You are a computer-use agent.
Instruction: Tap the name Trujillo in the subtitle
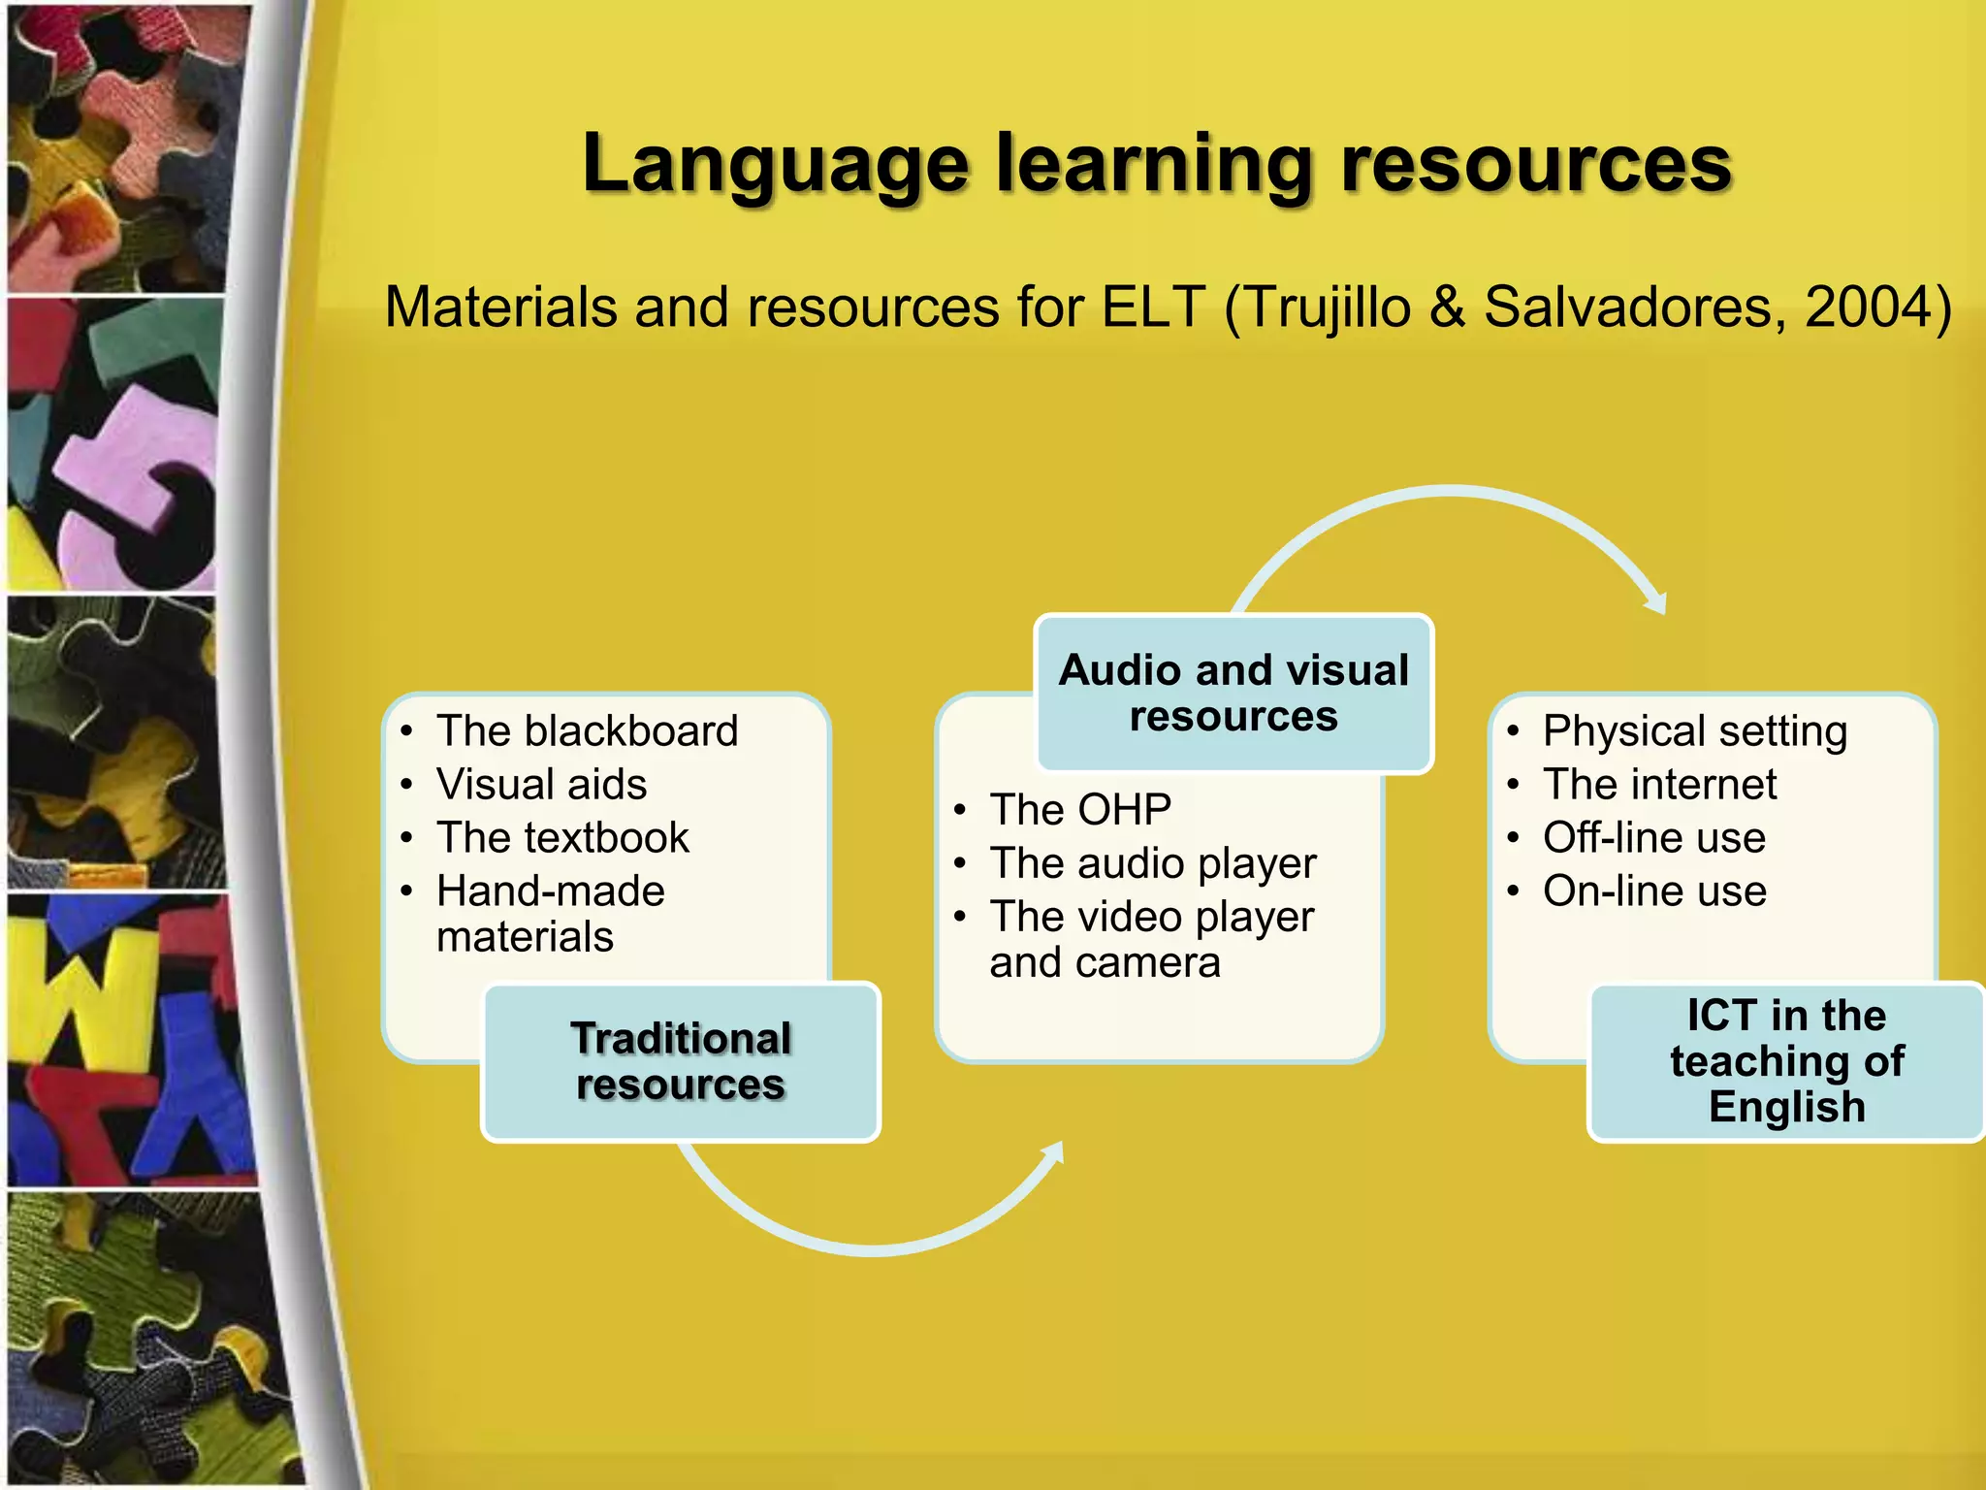pyautogui.click(x=1328, y=308)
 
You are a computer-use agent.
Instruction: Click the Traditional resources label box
pyautogui.click(x=681, y=1061)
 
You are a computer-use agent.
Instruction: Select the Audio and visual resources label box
pyautogui.click(x=1233, y=693)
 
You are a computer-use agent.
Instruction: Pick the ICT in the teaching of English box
pyautogui.click(x=1786, y=1061)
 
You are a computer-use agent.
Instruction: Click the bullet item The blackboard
pyautogui.click(x=587, y=730)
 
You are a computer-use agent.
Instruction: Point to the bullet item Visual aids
pyautogui.click(x=541, y=784)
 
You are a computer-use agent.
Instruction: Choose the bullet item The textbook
pyautogui.click(x=562, y=837)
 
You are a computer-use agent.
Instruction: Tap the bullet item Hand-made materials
pyautogui.click(x=550, y=913)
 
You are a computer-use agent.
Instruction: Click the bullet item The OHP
pyautogui.click(x=1080, y=809)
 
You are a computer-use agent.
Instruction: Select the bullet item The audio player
pyautogui.click(x=1153, y=862)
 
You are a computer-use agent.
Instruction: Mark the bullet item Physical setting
pyautogui.click(x=1694, y=730)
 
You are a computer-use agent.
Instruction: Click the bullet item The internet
pyautogui.click(x=1659, y=784)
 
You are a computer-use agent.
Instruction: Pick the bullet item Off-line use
pyautogui.click(x=1653, y=837)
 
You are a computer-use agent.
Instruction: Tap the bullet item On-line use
pyautogui.click(x=1654, y=891)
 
